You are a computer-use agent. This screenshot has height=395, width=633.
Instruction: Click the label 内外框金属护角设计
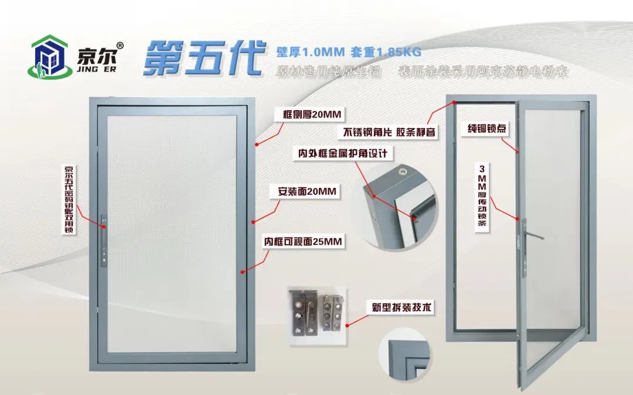343,154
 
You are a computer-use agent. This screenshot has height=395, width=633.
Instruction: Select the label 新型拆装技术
401,307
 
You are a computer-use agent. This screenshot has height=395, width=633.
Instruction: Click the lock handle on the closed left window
104,240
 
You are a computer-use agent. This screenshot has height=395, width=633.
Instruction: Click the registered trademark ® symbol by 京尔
120,45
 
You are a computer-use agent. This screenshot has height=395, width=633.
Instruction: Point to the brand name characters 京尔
97,56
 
